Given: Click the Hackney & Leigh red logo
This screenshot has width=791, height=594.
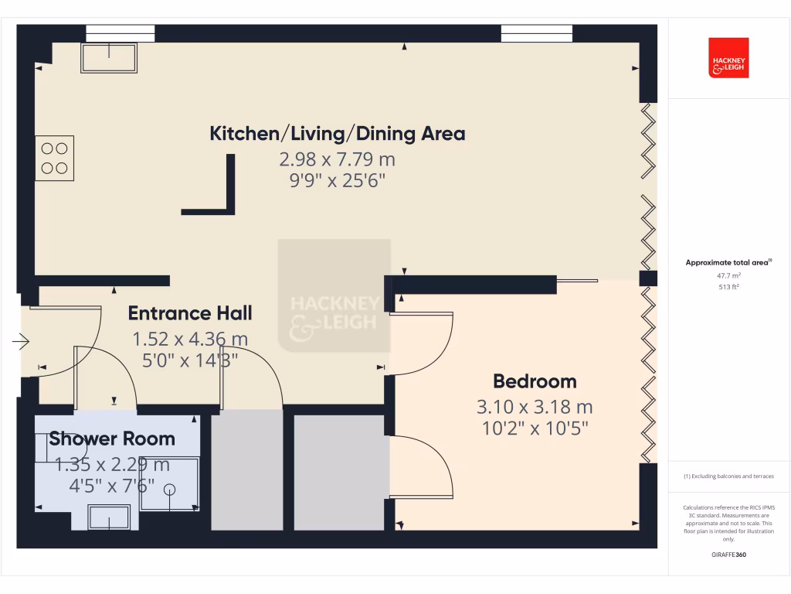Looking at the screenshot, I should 728,58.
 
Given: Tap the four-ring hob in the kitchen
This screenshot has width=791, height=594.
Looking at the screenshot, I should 54,158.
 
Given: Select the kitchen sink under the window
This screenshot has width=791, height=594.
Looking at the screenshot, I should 109,57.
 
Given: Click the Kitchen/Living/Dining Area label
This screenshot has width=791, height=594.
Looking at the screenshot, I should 338,134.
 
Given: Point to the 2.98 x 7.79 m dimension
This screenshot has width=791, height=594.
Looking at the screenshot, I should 338,160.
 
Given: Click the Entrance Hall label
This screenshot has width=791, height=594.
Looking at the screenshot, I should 190,313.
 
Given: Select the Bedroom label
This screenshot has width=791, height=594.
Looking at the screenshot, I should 535,381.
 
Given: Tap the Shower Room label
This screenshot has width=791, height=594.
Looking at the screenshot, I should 112,439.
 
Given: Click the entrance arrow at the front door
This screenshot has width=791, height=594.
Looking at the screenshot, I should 21,340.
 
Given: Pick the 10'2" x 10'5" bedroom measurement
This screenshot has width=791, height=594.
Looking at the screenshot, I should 535,428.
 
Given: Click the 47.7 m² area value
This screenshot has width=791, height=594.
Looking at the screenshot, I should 729,275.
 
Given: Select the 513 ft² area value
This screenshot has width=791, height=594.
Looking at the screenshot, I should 729,287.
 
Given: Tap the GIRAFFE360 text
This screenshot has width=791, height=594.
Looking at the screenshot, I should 729,555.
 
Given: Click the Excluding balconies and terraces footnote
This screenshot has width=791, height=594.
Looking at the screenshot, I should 729,476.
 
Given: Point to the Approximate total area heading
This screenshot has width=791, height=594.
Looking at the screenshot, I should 729,263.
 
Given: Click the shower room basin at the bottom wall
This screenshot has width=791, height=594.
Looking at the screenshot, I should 109,517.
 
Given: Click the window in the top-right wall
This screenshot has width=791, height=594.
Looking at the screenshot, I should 537,33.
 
